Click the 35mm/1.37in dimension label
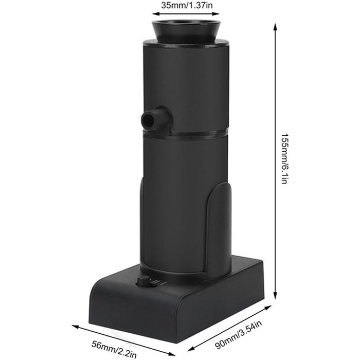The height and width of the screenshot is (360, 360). tap(187, 5)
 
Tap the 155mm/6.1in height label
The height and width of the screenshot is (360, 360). tap(284, 158)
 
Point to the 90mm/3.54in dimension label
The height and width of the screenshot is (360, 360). tap(238, 335)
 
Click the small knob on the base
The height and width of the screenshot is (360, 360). tap(143, 281)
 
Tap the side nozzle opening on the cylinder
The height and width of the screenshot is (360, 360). tap(148, 120)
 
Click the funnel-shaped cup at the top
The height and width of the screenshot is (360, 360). tap(186, 31)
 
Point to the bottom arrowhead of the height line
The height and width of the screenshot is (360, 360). tap(275, 295)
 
